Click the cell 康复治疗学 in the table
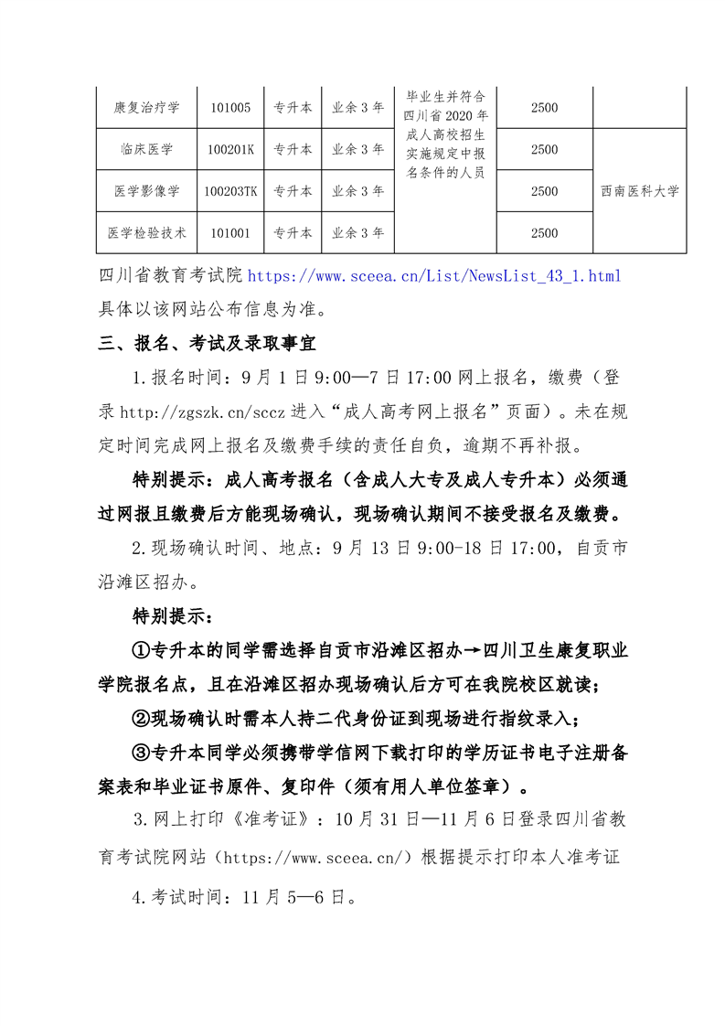(146, 108)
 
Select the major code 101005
(230, 108)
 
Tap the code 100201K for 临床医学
(230, 150)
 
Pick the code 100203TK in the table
(230, 191)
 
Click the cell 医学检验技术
(146, 233)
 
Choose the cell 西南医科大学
(640, 191)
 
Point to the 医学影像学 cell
(146, 191)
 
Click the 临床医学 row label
(146, 150)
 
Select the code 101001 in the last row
(230, 233)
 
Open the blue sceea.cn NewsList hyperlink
(434, 275)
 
